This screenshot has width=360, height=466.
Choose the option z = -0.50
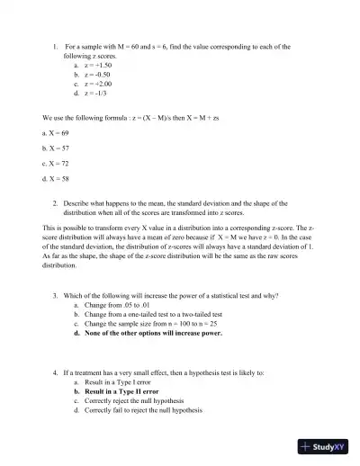99,75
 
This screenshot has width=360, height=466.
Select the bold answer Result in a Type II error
126,392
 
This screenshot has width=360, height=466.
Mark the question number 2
56,204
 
